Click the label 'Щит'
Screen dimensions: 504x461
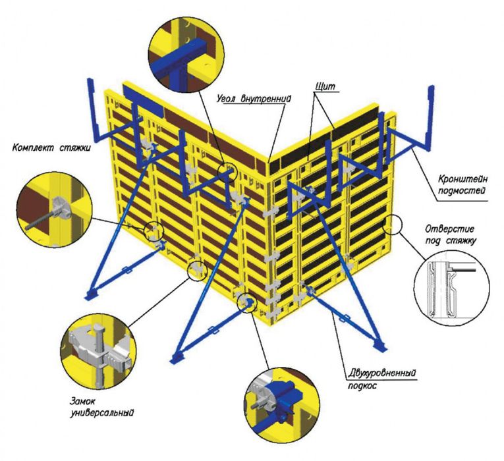pyautogui.click(x=325, y=86)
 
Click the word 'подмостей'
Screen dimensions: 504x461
pyautogui.click(x=462, y=191)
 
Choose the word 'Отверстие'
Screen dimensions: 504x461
pyautogui.click(x=449, y=229)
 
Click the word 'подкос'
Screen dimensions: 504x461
pyautogui.click(x=362, y=386)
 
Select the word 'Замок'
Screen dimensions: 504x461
pyautogui.click(x=83, y=401)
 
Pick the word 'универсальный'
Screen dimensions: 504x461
pyautogui.click(x=102, y=412)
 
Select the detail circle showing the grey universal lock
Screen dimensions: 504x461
pyautogui.click(x=98, y=352)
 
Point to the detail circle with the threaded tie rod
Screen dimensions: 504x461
pyautogui.click(x=54, y=209)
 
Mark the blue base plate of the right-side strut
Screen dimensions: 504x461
pyautogui.click(x=381, y=346)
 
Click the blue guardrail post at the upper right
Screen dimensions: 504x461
pyautogui.click(x=430, y=116)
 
